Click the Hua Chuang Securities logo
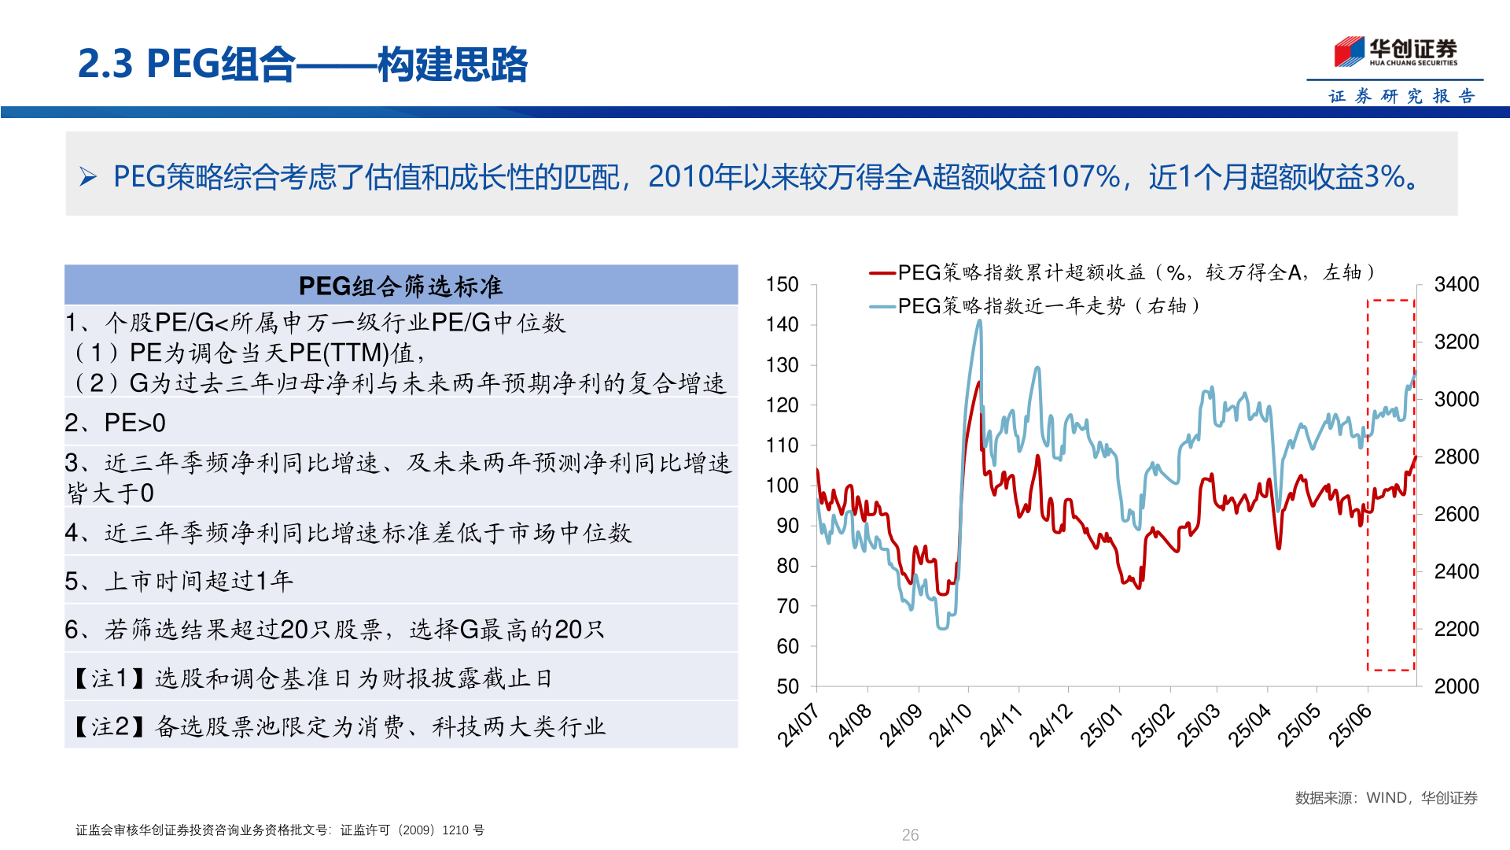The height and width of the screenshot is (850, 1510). point(1395,52)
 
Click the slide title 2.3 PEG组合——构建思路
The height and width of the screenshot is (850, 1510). point(303,64)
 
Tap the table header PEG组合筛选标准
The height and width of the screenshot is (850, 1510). point(400,286)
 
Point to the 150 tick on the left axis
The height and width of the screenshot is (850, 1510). point(782,284)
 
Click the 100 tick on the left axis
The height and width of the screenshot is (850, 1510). point(782,486)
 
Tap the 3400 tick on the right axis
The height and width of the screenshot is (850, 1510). point(1456,284)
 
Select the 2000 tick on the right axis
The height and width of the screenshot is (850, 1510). point(1456,686)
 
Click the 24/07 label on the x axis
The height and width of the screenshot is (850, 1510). point(797,725)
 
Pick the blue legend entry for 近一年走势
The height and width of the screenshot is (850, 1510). point(1038,306)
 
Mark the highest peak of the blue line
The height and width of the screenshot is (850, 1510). point(979,320)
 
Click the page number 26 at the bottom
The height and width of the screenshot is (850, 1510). point(910,835)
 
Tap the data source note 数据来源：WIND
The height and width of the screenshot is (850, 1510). point(1386,798)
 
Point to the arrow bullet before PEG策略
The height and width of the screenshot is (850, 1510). point(88,177)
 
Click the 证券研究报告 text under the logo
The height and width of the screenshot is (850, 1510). point(1401,96)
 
